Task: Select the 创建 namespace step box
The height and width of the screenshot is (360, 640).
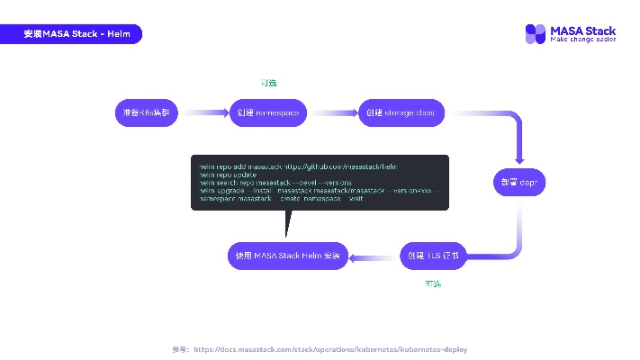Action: click(268, 112)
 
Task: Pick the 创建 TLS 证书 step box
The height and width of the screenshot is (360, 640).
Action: click(433, 256)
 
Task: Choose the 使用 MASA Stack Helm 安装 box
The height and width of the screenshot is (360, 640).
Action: click(288, 256)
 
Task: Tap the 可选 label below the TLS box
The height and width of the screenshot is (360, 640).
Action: click(433, 283)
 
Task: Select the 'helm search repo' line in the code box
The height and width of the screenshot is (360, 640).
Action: click(251, 183)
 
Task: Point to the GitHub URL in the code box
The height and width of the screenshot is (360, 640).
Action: click(343, 167)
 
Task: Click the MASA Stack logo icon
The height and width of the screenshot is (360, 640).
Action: click(536, 34)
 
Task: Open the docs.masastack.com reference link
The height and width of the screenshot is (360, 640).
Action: click(330, 349)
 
